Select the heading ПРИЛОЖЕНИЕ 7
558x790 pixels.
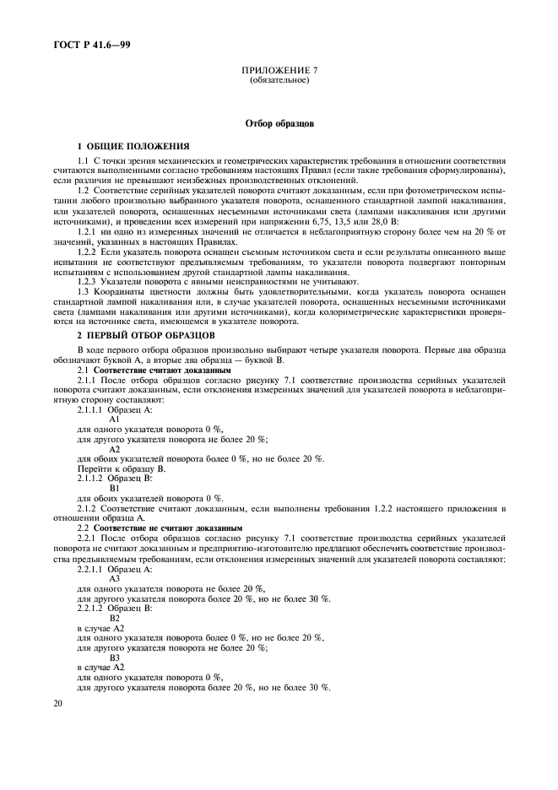tap(279, 72)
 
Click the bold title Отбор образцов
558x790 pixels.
tap(279, 123)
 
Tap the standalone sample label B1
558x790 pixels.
tap(116, 488)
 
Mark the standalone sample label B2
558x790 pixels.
tap(116, 619)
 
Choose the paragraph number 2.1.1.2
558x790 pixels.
tap(93, 478)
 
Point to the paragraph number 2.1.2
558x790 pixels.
tap(89, 508)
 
